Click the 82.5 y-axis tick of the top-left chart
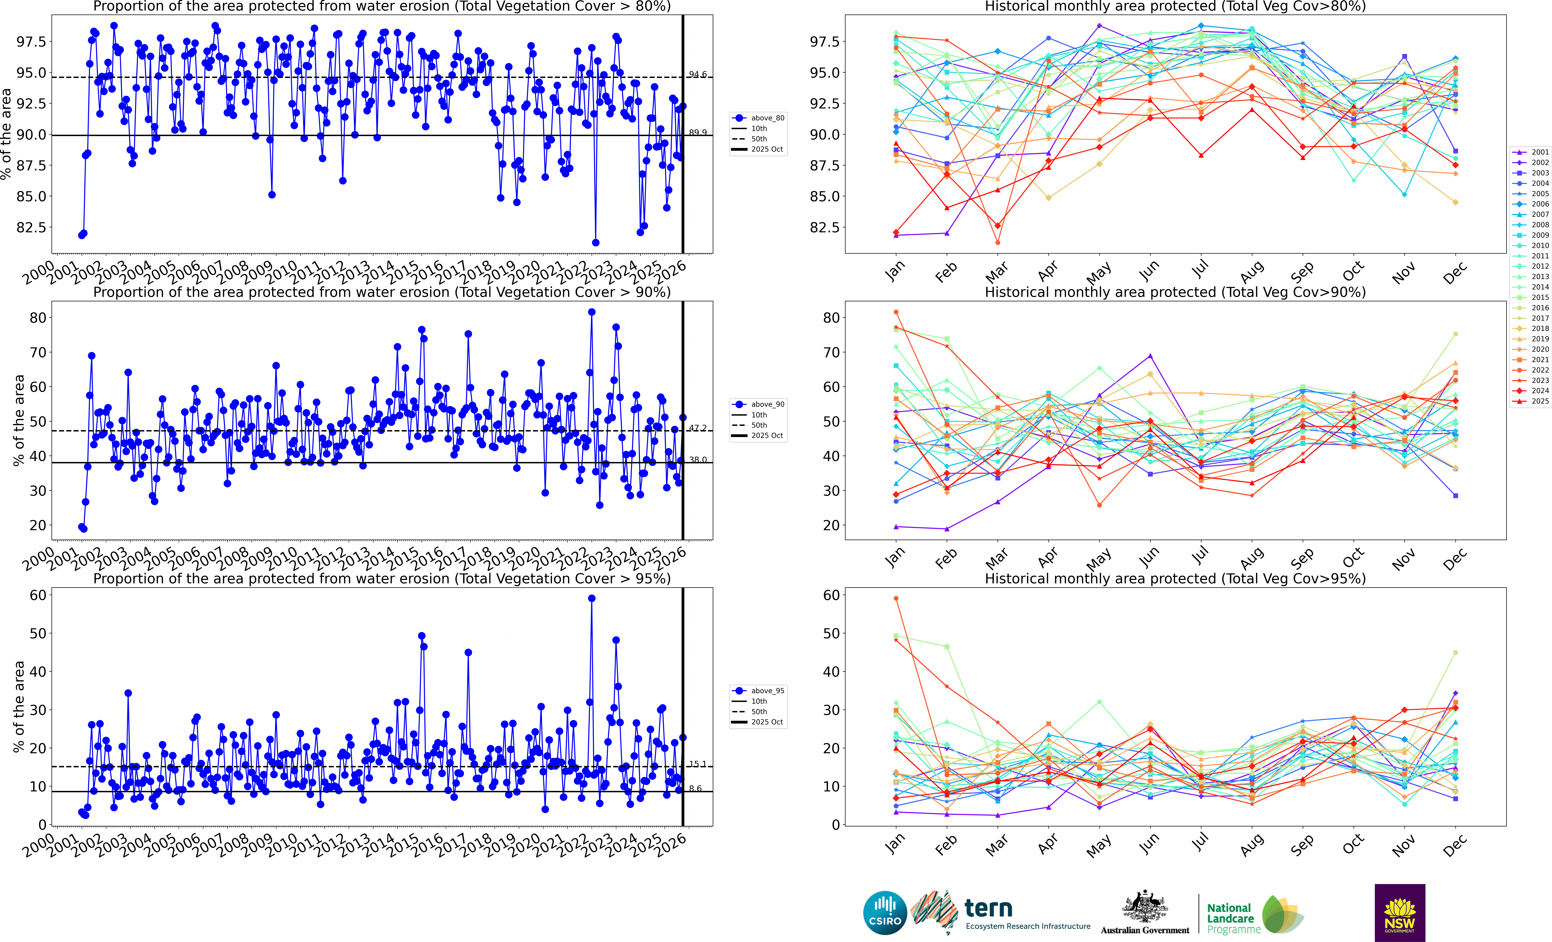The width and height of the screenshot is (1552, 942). point(32,228)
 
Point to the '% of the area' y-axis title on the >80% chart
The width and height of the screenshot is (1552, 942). point(6,134)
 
